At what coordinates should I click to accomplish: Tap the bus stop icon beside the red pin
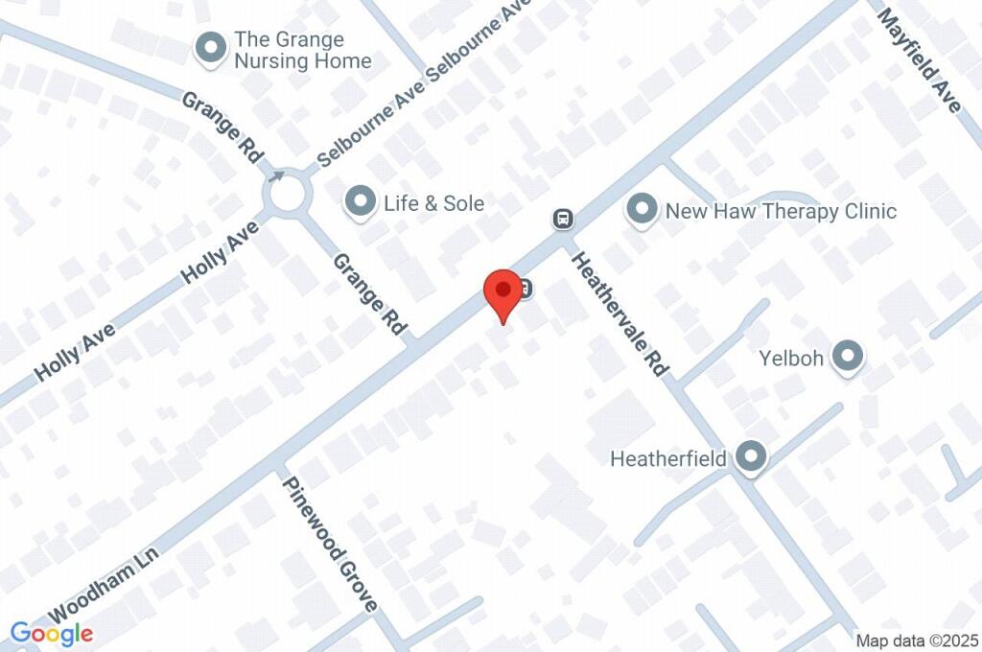coord(526,288)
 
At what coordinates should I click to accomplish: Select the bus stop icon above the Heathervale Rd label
coord(563,219)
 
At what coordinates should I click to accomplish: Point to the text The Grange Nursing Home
coord(303,51)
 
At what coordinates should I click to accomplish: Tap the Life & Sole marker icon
coord(361,203)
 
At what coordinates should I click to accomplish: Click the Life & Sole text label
coord(433,203)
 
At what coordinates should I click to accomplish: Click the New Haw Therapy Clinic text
coord(781,211)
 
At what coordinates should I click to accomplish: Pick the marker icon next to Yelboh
coord(847,358)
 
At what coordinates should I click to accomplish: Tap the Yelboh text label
coord(792,359)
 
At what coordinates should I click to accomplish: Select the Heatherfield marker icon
coord(751,458)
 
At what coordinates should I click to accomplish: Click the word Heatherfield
coord(668,459)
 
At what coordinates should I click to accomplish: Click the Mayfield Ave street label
coord(919,60)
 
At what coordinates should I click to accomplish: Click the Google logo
coord(52,633)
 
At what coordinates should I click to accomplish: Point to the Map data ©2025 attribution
coord(917,640)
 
